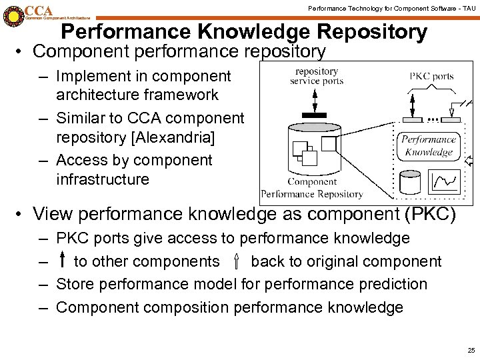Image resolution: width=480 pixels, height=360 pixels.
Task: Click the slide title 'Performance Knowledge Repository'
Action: [x=243, y=31]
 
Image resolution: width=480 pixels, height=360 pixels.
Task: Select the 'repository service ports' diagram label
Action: [x=317, y=76]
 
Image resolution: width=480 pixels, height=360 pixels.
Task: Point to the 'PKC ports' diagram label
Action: [x=431, y=76]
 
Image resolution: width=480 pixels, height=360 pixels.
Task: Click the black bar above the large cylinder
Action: [x=314, y=115]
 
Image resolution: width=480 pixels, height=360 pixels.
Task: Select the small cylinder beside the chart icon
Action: [x=409, y=181]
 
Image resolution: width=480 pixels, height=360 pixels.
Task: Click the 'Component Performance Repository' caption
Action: [x=312, y=188]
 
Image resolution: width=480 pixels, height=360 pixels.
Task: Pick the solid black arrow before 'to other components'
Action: [x=62, y=261]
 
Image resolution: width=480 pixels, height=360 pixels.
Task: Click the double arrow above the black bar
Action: [x=314, y=99]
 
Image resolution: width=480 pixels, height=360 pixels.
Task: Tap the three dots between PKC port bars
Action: [x=433, y=119]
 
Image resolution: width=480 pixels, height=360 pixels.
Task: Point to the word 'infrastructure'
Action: [x=103, y=179]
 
